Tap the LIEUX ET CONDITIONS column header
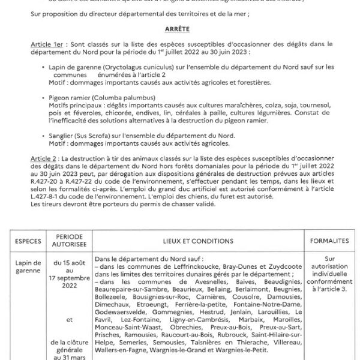point(197,240)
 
